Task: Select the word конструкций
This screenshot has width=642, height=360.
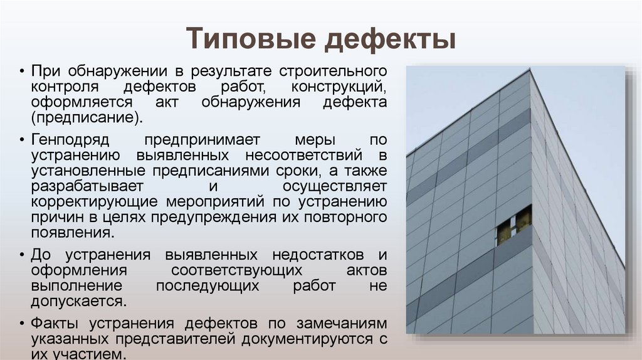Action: pyautogui.click(x=339, y=86)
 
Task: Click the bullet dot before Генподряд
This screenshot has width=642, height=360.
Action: pyautogui.click(x=22, y=139)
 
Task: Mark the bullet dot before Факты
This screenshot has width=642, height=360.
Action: pyautogui.click(x=22, y=324)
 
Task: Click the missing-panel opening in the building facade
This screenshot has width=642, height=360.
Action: pyautogui.click(x=513, y=224)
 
